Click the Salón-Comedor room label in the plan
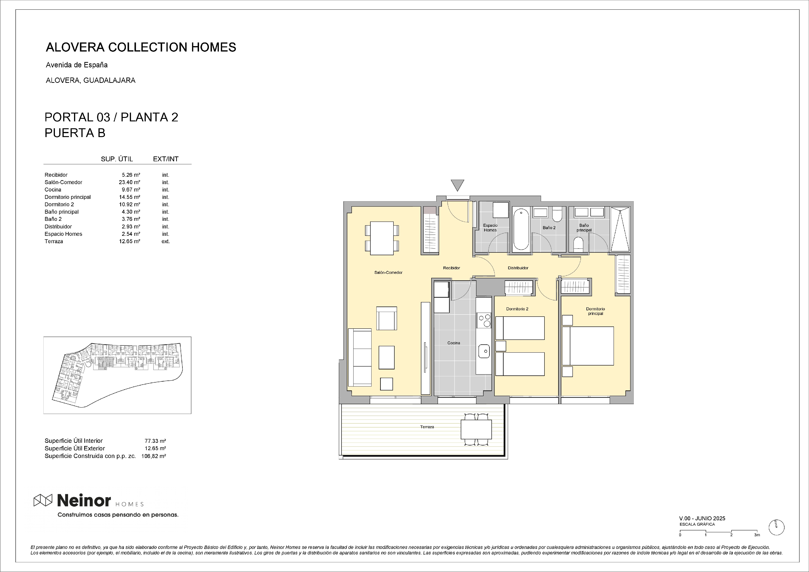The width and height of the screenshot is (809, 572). [388, 273]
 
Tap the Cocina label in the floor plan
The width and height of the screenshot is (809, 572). [454, 343]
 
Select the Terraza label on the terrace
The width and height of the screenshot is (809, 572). [427, 427]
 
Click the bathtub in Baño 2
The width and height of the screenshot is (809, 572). [521, 229]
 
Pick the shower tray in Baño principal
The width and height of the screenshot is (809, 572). [620, 229]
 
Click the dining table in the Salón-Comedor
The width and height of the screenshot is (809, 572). [382, 238]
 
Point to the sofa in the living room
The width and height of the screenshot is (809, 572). [360, 357]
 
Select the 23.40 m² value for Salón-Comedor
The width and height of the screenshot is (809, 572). [129, 182]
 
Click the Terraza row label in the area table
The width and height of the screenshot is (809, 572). [54, 241]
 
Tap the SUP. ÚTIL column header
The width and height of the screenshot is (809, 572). [117, 159]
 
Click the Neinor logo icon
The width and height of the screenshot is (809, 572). [43, 500]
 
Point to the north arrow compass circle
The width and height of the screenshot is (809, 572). [776, 537]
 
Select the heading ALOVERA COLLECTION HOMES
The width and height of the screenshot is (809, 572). [141, 47]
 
